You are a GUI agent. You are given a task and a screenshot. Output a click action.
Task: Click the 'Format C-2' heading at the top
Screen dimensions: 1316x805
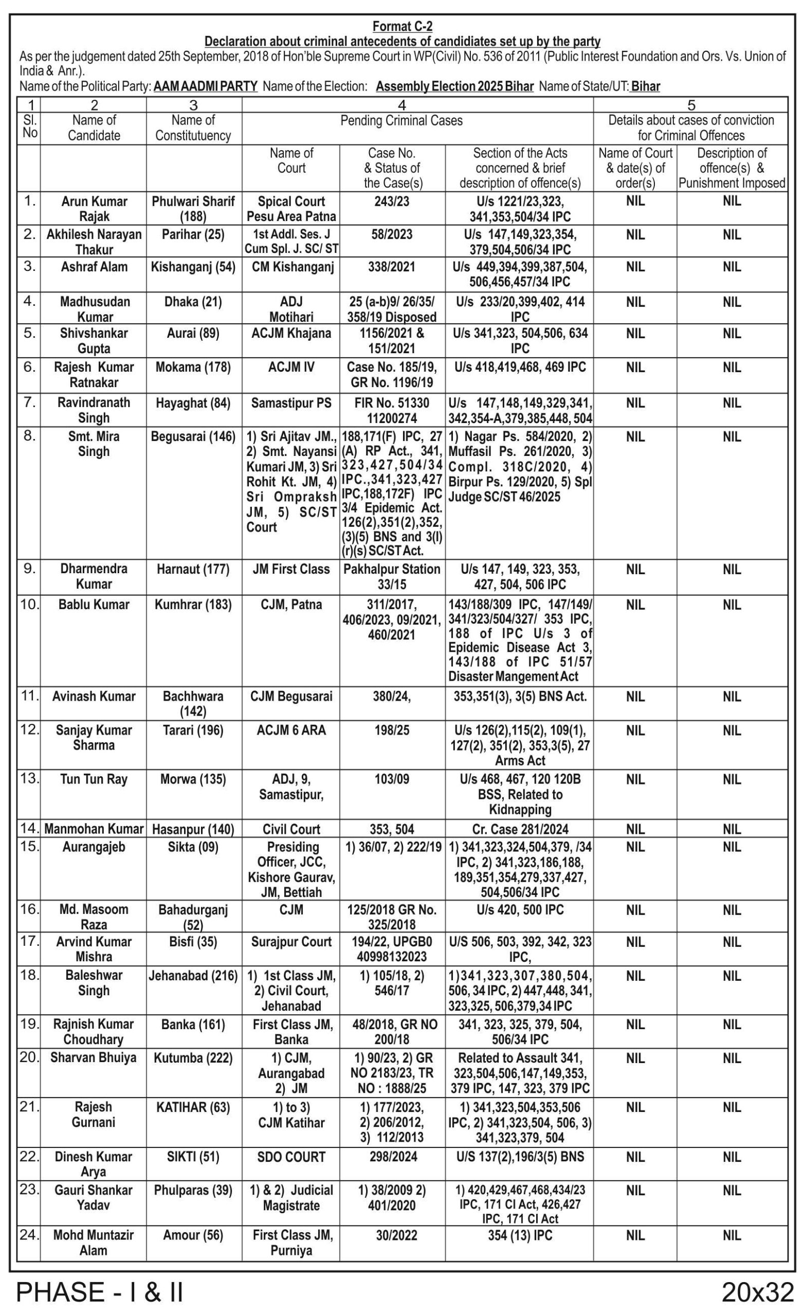(401, 26)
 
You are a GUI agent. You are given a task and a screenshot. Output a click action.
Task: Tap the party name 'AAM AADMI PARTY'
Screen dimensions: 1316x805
(206, 86)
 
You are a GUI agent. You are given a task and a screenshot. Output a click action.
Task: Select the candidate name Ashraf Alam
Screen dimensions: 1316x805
(94, 267)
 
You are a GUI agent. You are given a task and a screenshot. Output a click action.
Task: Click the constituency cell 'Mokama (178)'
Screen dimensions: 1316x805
(193, 368)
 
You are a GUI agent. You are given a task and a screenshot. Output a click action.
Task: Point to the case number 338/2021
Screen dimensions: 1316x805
(392, 267)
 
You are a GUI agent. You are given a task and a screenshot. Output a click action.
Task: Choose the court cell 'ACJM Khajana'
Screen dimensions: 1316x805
(291, 333)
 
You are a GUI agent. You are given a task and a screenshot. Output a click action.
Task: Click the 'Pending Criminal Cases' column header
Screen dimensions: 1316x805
(401, 121)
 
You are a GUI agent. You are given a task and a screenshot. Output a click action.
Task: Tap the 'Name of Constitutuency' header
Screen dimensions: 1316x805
(193, 128)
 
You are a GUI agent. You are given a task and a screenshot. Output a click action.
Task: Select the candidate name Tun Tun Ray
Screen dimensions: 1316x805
(94, 779)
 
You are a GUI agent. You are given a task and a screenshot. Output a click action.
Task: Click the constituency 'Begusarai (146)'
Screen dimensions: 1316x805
(193, 437)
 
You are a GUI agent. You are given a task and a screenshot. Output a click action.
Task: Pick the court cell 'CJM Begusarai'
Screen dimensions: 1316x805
(291, 697)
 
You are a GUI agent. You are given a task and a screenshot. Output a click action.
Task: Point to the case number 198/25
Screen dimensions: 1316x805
(392, 730)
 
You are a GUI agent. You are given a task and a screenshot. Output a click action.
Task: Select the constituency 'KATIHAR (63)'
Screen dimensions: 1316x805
(193, 1107)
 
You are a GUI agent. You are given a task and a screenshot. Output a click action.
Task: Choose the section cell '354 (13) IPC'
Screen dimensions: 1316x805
(520, 1235)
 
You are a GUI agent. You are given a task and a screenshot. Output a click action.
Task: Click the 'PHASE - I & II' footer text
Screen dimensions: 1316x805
(100, 1292)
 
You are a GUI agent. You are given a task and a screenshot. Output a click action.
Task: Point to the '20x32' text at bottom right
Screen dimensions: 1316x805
(758, 1292)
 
